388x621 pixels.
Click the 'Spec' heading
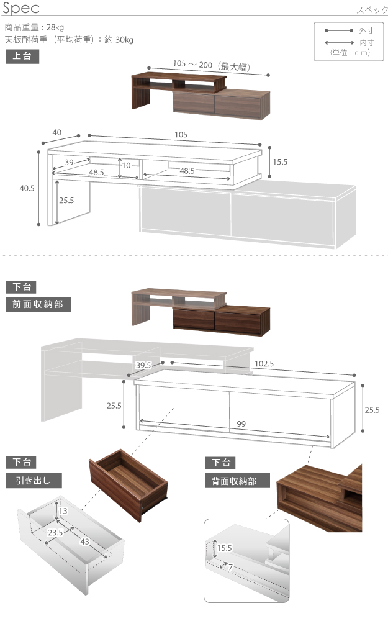(21, 8)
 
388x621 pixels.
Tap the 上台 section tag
(22, 57)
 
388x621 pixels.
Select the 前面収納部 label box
(38, 304)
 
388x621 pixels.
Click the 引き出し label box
(34, 481)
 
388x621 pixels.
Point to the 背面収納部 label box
(237, 481)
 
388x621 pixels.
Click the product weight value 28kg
(55, 27)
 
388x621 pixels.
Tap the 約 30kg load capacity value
(119, 40)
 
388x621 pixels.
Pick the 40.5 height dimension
(27, 189)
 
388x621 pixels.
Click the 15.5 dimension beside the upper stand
(280, 162)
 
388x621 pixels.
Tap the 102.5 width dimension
(264, 364)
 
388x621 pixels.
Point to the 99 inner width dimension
(241, 424)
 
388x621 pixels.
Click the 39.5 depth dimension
(143, 365)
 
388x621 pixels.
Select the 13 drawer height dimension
(63, 511)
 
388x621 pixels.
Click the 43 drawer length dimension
(84, 542)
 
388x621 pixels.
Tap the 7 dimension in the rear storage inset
(230, 567)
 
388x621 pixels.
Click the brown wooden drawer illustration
(129, 485)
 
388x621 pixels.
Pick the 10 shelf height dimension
(126, 166)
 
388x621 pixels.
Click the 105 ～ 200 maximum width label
(212, 65)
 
